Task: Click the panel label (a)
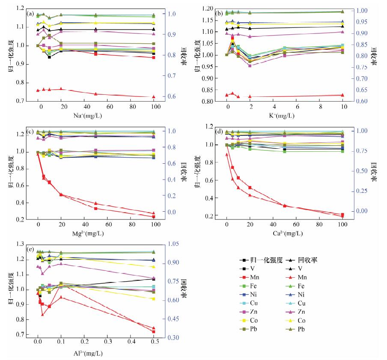pyautogui.click(x=30, y=14)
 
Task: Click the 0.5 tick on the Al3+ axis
pyautogui.click(x=154, y=344)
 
